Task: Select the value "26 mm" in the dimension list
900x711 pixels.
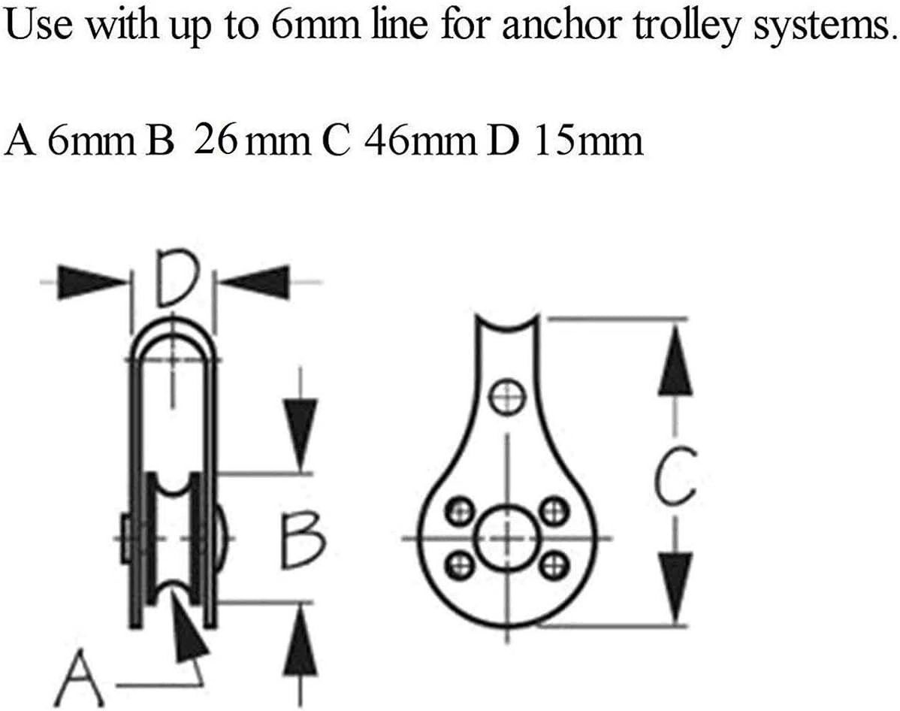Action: tap(252, 141)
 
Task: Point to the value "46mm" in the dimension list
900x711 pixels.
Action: tap(420, 141)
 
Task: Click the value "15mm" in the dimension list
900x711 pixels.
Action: tap(588, 141)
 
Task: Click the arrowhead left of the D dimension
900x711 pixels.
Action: tap(92, 282)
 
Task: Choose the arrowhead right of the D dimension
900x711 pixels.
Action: tap(255, 282)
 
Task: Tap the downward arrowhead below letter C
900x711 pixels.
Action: tap(675, 587)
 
